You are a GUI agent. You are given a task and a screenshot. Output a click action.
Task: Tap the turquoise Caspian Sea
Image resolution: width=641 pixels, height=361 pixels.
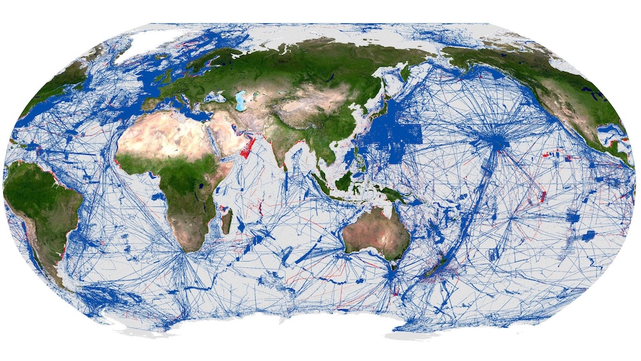click(242, 101)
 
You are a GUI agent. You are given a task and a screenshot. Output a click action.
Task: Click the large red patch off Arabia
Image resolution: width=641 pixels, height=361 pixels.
click(246, 149)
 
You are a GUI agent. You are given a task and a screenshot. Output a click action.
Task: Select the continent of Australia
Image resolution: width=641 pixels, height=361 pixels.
click(375, 234)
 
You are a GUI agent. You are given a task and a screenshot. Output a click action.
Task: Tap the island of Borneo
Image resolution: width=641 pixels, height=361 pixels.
click(344, 179)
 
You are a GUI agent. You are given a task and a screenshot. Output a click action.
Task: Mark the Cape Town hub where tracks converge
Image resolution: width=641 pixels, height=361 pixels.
click(185, 254)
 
